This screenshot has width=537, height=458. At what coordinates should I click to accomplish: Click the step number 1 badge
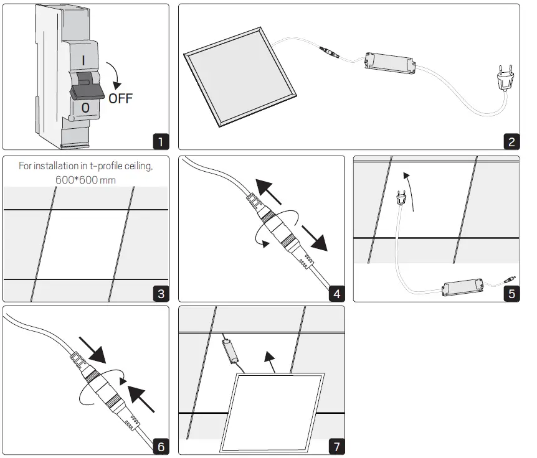pos(161,141)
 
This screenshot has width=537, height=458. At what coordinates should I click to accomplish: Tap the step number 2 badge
pos(511,141)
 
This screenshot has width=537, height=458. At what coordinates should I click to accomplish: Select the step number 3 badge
pos(161,293)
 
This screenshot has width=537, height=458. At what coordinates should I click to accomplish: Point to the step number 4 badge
pos(336,293)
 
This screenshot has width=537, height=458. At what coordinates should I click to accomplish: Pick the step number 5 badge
pos(511,293)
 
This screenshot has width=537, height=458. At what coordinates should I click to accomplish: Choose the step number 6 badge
pos(161,446)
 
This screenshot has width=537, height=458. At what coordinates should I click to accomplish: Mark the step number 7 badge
pos(336,446)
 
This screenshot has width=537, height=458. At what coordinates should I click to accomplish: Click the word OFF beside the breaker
pos(120,98)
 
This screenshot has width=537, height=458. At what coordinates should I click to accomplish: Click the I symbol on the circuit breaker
pos(83,60)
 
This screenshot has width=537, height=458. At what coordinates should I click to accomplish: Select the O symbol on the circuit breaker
pos(86,110)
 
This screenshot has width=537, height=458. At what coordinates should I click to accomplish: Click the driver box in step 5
pos(463,286)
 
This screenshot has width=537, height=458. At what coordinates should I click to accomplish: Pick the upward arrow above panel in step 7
pos(269,360)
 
